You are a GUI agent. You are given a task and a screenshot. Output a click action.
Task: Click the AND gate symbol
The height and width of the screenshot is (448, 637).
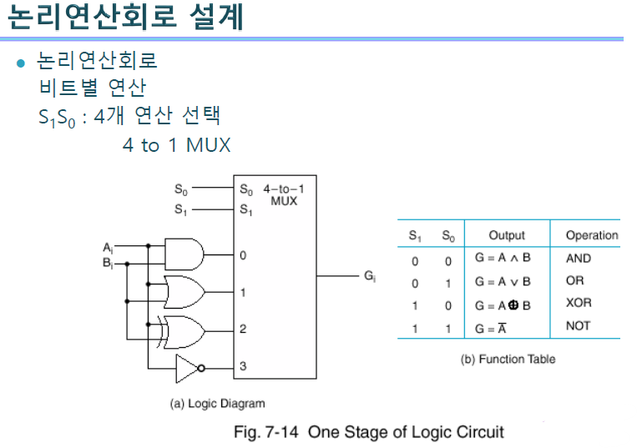(x=185, y=254)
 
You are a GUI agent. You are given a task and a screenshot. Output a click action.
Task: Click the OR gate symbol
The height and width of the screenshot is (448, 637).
(x=185, y=291)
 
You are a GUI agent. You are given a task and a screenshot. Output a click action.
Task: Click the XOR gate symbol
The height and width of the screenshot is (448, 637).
(x=185, y=330)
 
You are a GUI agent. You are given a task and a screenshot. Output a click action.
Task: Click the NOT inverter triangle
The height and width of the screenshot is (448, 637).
(x=190, y=366)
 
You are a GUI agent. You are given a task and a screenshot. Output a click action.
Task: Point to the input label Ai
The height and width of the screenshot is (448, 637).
(x=108, y=248)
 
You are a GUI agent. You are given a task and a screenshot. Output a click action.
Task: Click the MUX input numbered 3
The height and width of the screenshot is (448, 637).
(x=243, y=366)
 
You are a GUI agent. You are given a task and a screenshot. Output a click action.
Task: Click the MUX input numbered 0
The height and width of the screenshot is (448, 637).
(x=243, y=254)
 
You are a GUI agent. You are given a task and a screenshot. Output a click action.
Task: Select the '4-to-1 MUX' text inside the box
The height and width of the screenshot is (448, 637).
(x=283, y=195)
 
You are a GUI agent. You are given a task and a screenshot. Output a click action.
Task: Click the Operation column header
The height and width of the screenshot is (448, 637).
(x=592, y=236)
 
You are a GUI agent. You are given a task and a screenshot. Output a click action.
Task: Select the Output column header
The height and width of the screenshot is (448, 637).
(x=507, y=236)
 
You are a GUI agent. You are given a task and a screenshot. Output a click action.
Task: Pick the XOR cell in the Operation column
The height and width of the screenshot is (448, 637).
(x=578, y=303)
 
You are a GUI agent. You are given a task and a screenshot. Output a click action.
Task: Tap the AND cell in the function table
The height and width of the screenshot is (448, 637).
(x=578, y=259)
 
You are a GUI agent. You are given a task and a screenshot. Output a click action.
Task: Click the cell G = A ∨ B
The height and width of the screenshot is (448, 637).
(x=503, y=282)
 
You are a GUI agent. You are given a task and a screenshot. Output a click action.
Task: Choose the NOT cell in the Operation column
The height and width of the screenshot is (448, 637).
(x=578, y=326)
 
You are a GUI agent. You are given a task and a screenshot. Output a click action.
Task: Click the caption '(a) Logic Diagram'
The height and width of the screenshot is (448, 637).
(x=217, y=404)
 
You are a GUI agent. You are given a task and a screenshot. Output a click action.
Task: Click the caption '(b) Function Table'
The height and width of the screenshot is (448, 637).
(x=508, y=359)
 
